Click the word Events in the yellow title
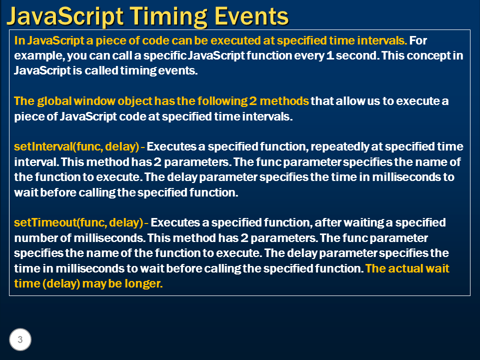point(251,16)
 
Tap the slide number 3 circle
point(20,339)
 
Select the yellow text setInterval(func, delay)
point(76,146)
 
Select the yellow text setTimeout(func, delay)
point(78,222)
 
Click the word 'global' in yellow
point(54,101)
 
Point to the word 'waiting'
point(363,223)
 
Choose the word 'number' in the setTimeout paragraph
point(33,238)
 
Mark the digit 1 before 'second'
point(330,55)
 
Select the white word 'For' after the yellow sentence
point(418,40)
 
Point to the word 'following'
point(222,101)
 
